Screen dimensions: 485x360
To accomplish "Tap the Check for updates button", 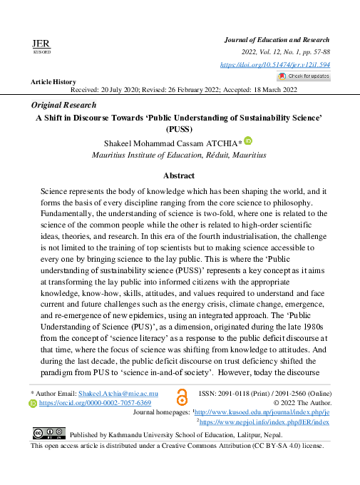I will point(304,76).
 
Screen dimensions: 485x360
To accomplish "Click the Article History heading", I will point(53,82).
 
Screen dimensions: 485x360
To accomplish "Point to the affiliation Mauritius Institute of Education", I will point(143,153).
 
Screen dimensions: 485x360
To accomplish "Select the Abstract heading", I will point(179,175).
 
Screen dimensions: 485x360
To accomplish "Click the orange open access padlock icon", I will point(182,398).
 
